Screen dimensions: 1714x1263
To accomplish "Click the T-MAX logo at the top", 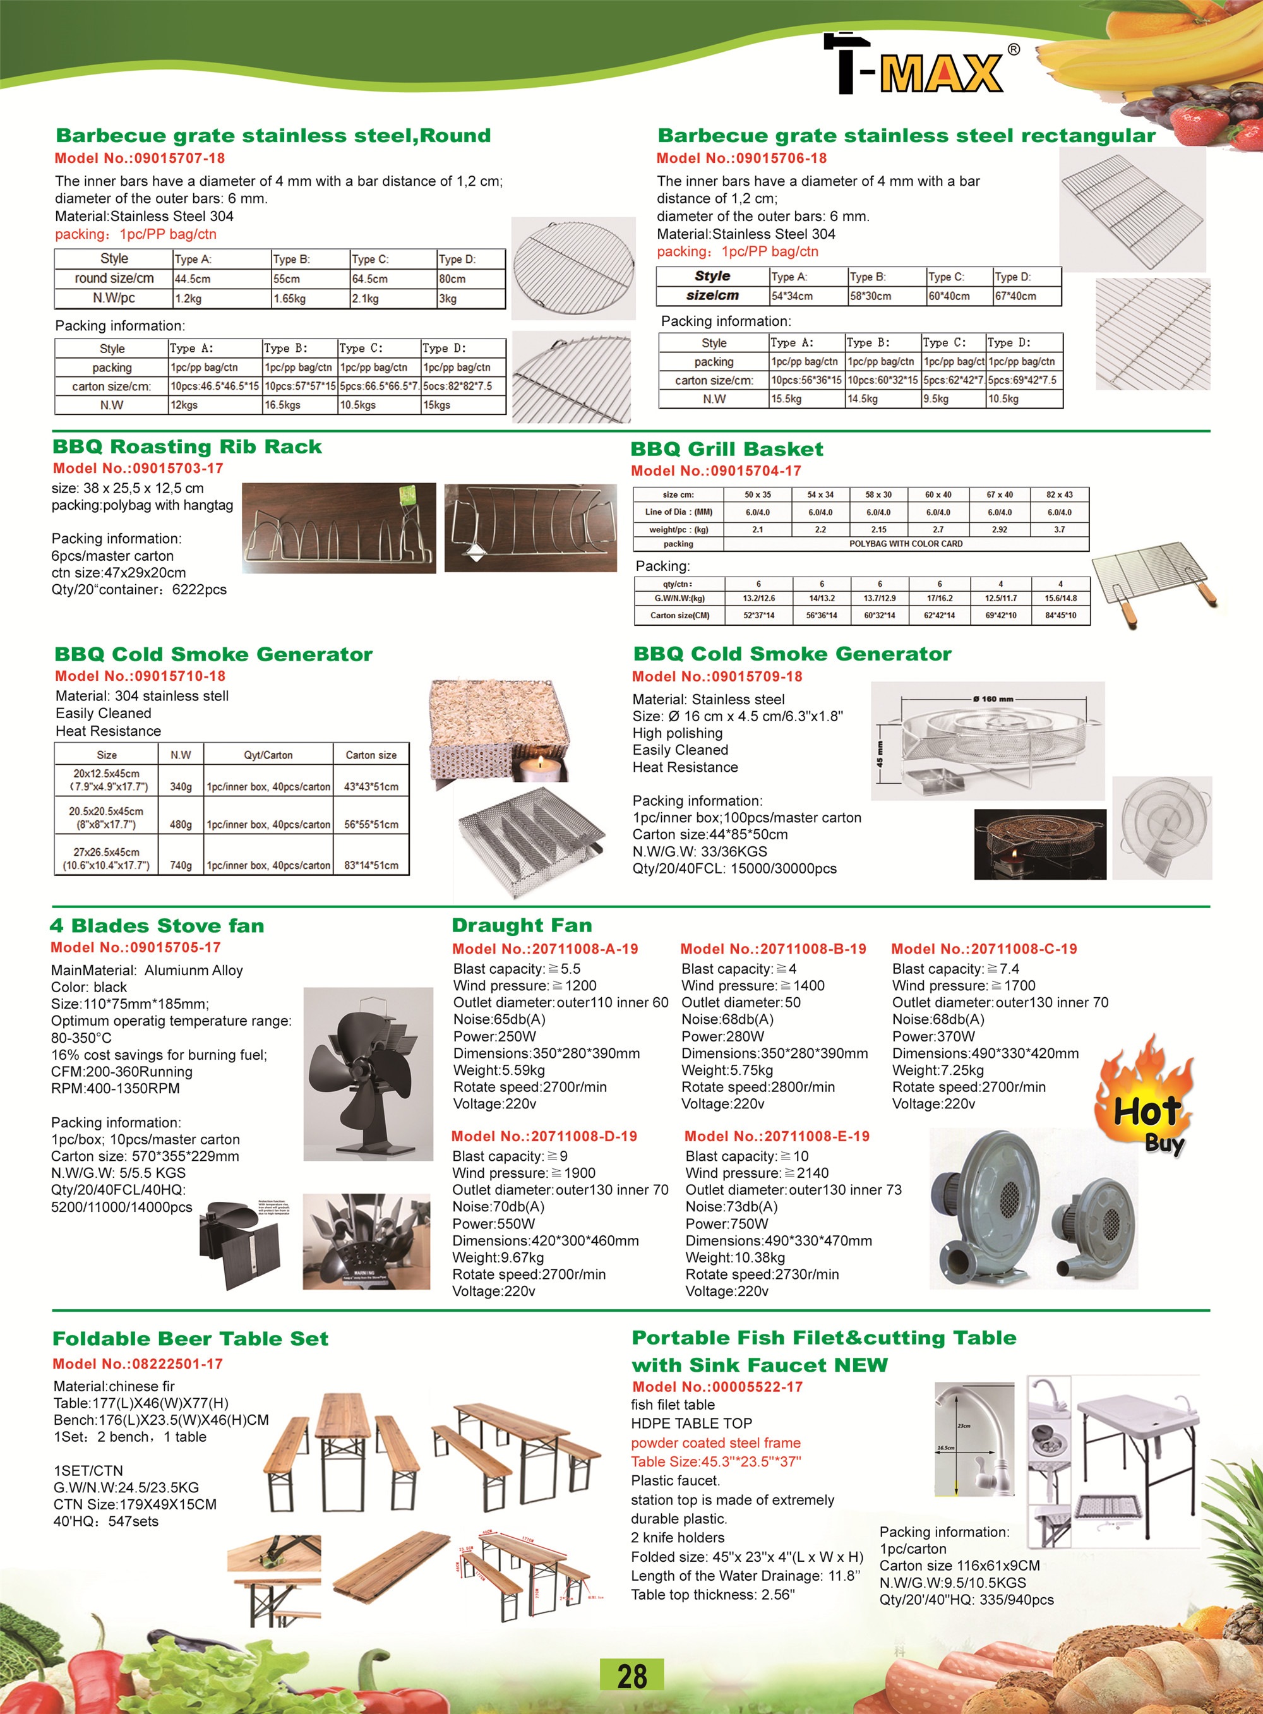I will (921, 65).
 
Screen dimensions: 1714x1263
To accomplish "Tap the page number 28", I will (631, 1675).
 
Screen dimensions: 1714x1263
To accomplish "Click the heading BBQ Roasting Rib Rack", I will (188, 446).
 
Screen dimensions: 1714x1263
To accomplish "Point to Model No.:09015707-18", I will (140, 159).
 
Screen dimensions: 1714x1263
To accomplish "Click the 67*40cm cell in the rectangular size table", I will (1015, 296).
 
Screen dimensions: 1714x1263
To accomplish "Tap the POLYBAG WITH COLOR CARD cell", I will (905, 544).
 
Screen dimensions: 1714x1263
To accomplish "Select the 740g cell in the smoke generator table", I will (181, 865).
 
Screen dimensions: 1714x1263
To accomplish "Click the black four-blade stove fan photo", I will (369, 1074).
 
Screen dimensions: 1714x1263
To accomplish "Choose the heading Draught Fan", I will (522, 925).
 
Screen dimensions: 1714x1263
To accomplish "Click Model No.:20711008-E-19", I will (777, 1136).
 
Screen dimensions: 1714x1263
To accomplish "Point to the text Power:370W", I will (933, 1036).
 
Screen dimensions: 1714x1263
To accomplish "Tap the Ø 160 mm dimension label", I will (993, 698).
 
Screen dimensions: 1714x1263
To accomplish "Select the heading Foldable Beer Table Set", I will (190, 1339).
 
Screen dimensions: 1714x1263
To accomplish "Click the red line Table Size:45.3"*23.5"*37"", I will (715, 1462).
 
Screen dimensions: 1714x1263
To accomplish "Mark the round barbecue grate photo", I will (573, 268).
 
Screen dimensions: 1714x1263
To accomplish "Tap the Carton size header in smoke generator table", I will (371, 755).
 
